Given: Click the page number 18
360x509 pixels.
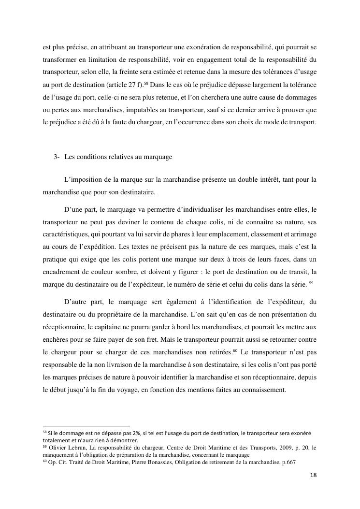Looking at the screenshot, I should coord(313,476).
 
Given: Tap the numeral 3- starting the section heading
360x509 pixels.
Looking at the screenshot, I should coord(57,157).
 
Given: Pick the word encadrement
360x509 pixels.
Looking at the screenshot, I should coord(59,273).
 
